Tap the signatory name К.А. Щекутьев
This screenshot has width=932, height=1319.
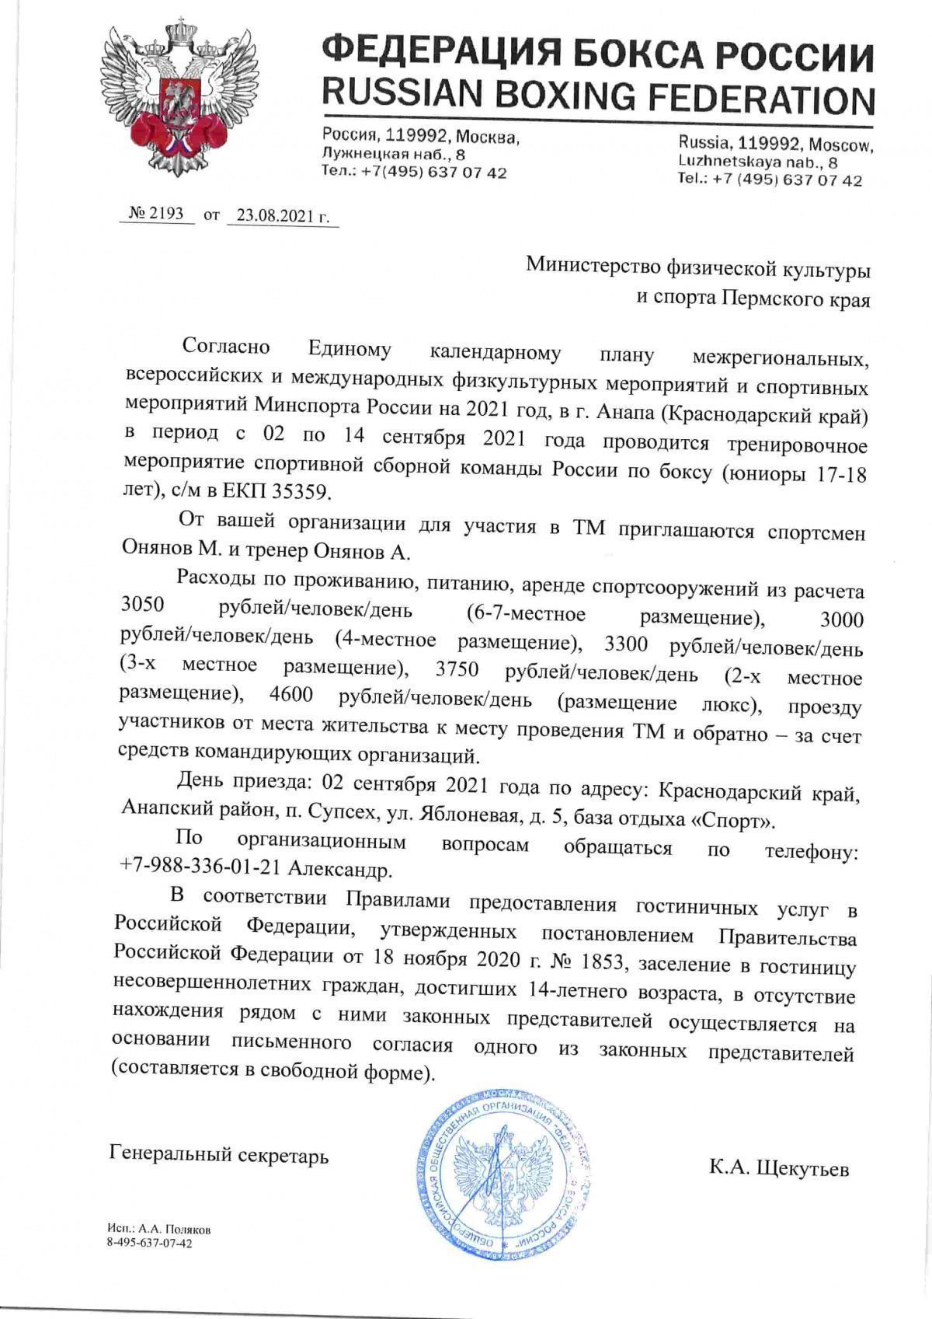778,1168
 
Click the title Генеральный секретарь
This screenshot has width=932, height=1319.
219,1155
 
